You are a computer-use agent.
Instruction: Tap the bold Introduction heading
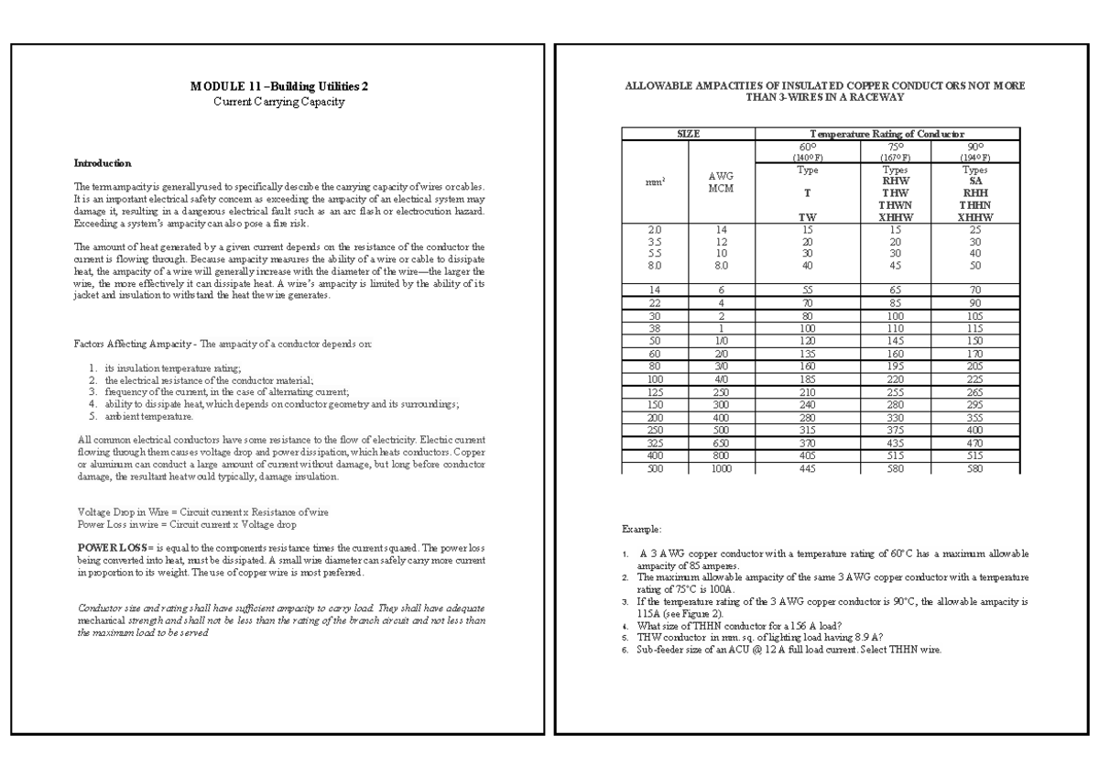pyautogui.click(x=103, y=163)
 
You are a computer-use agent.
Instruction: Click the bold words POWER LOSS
pyautogui.click(x=108, y=546)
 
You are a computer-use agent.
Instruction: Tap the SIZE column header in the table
pyautogui.click(x=688, y=133)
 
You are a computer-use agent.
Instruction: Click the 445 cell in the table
pyautogui.click(x=808, y=467)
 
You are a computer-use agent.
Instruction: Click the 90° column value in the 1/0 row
pyautogui.click(x=974, y=338)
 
